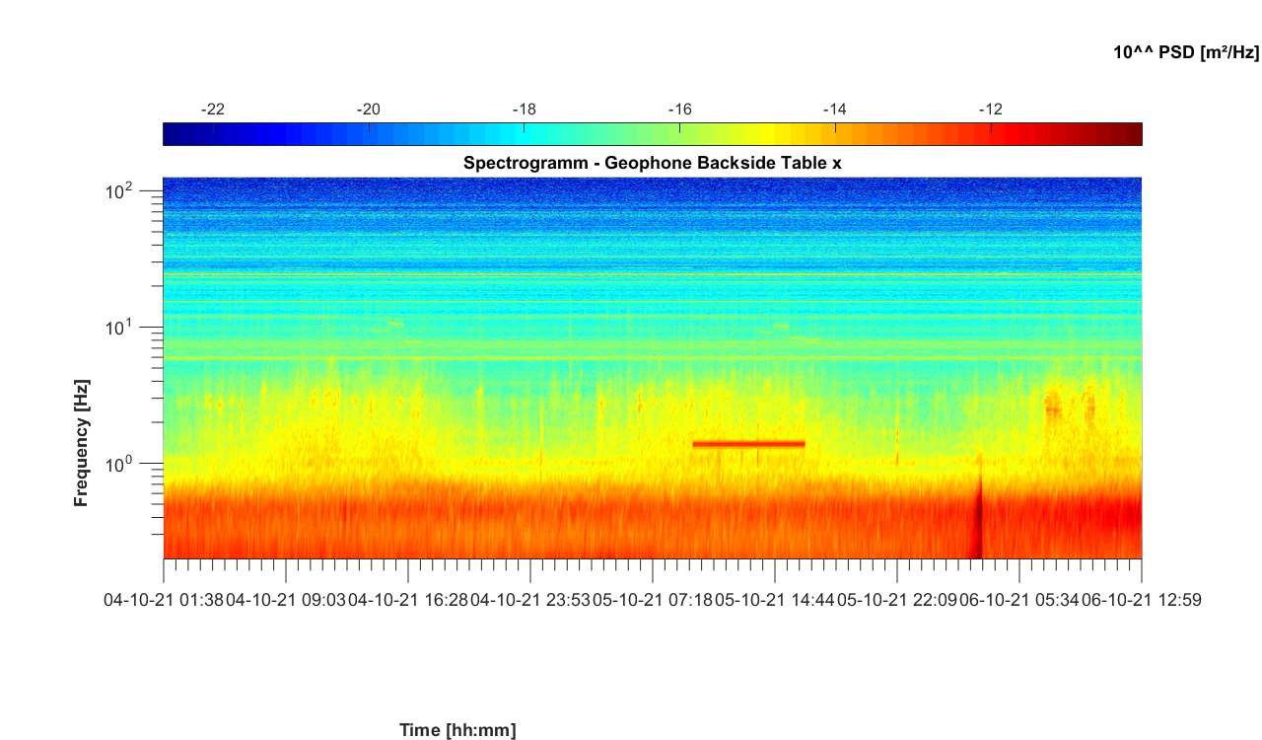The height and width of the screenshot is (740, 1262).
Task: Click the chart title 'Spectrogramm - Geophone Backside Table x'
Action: click(652, 163)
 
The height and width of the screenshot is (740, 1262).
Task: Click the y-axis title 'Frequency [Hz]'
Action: click(82, 443)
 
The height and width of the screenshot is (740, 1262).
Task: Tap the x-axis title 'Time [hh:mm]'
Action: click(457, 730)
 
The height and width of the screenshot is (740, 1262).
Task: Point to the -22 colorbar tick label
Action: click(213, 109)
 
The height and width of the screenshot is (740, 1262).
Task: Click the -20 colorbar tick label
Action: click(369, 109)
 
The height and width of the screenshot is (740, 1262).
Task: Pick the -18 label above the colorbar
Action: click(525, 109)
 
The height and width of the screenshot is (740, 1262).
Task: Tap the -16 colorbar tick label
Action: click(679, 109)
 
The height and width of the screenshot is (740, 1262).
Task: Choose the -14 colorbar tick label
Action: click(835, 109)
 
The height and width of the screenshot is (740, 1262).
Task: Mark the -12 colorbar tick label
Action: click(991, 109)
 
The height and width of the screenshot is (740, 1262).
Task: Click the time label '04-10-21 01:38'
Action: click(163, 599)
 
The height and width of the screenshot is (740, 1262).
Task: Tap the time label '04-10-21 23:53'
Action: click(529, 599)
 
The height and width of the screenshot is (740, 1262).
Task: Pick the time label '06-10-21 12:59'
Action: click(1141, 599)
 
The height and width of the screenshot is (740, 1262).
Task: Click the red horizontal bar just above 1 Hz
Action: click(749, 444)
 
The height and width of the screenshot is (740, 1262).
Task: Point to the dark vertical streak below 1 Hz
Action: click(979, 523)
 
